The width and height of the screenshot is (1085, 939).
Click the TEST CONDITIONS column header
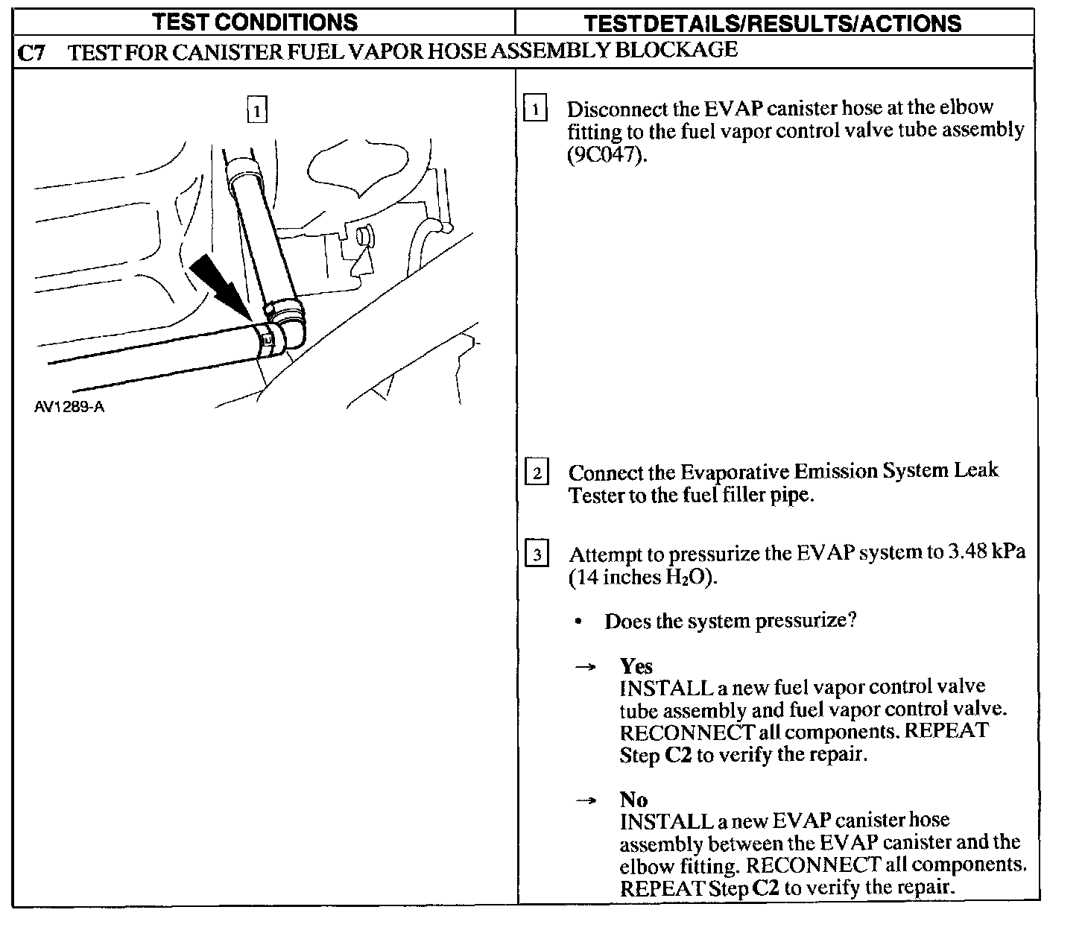coord(255,22)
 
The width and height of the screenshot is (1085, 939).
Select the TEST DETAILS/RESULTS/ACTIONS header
coord(772,23)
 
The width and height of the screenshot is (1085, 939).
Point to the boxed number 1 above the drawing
coord(256,112)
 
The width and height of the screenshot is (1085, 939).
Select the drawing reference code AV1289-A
coord(69,408)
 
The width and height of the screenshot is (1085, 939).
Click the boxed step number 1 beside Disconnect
coord(536,110)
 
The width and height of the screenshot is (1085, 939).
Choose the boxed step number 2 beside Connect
coord(537,472)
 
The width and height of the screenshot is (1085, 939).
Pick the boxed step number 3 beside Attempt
coord(537,555)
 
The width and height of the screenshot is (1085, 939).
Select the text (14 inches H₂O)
coord(642,578)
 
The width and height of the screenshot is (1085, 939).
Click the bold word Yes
coord(636,665)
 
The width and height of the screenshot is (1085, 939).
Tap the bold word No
coord(633,800)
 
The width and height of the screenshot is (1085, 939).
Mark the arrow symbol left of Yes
coord(586,667)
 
